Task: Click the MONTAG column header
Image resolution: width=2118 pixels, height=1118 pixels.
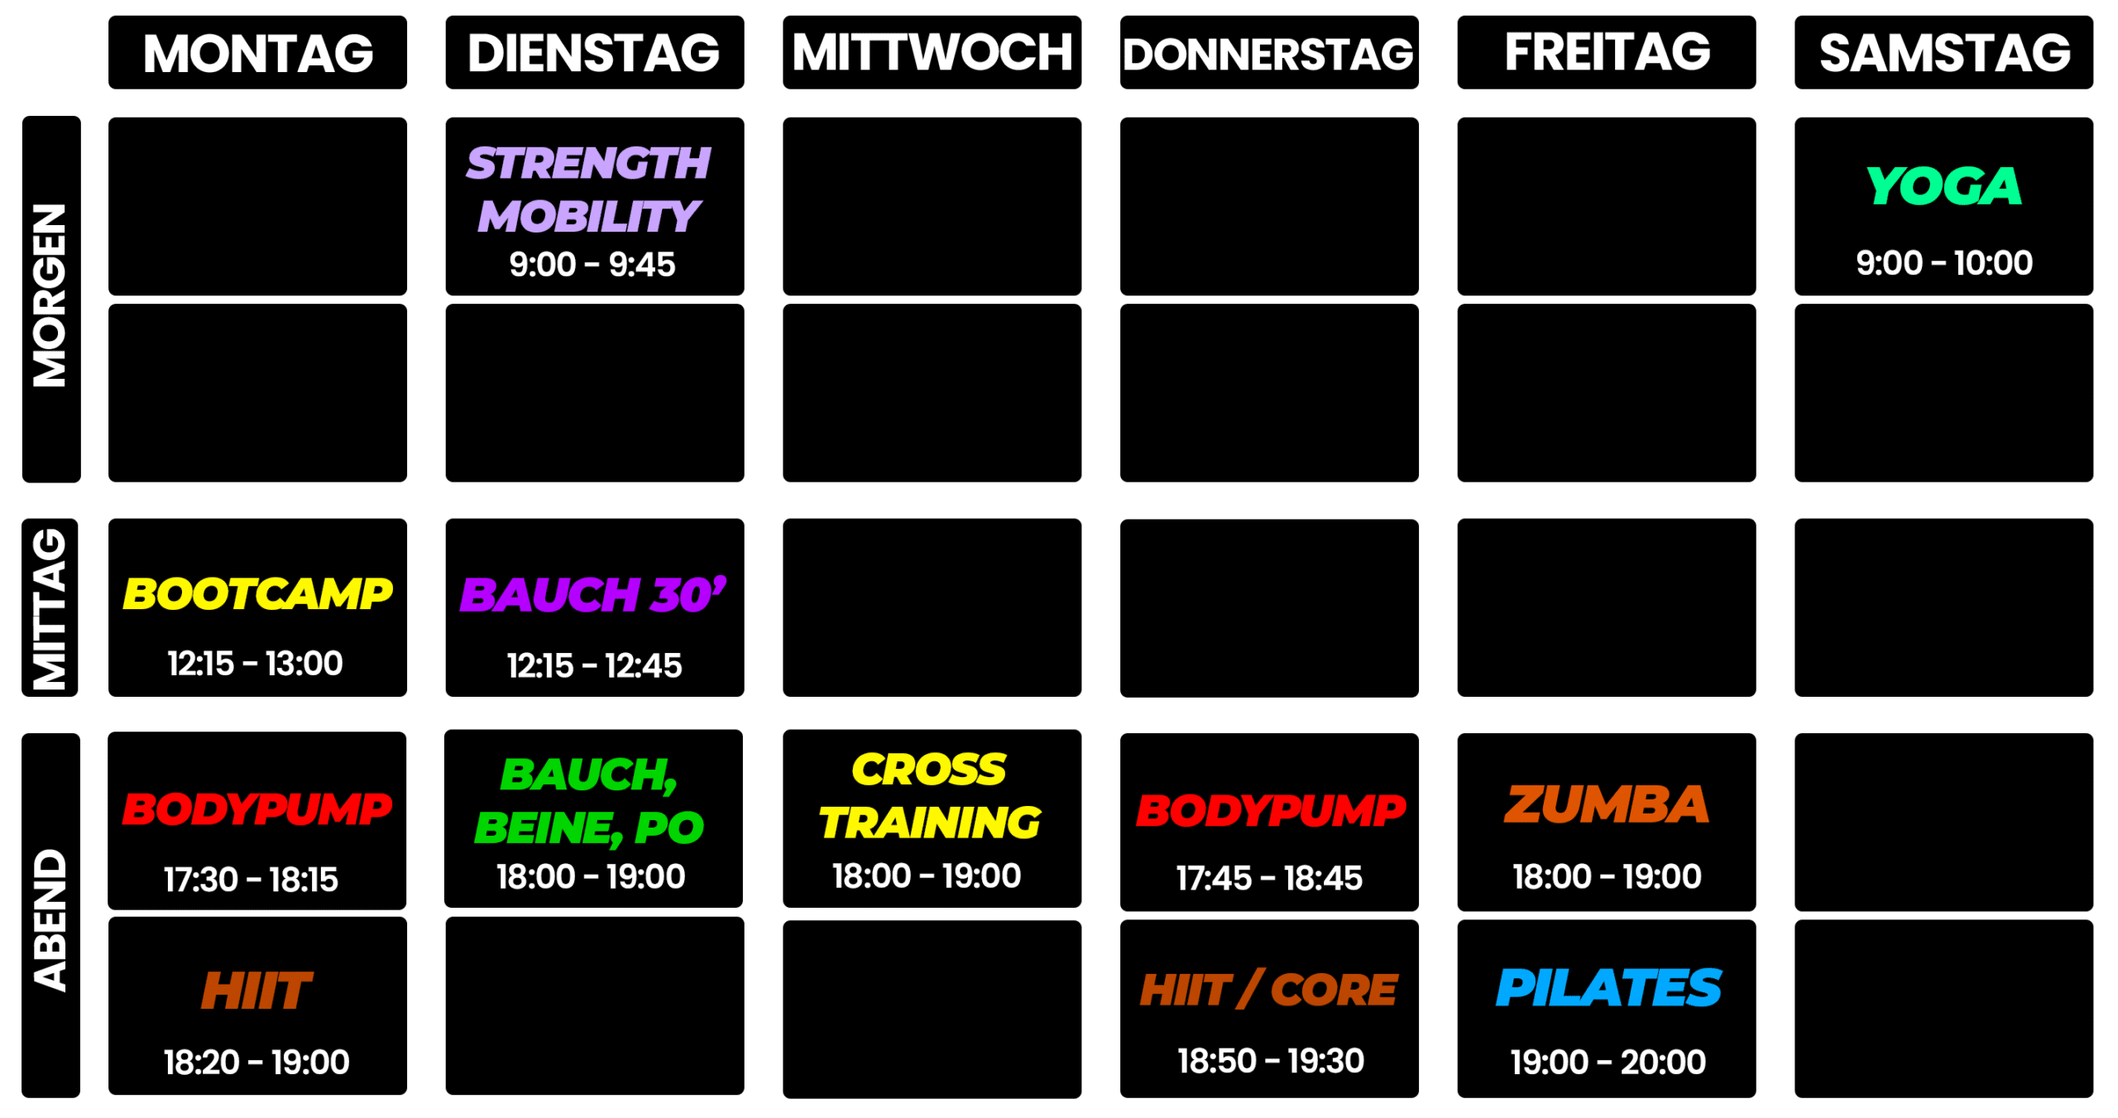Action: click(x=257, y=52)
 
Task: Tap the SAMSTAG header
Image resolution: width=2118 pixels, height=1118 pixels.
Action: click(x=1943, y=52)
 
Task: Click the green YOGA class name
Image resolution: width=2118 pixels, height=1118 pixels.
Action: click(x=1943, y=185)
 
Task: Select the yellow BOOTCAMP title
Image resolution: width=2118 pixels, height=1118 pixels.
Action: click(x=257, y=593)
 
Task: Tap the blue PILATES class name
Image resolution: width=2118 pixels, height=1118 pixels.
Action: click(x=1608, y=987)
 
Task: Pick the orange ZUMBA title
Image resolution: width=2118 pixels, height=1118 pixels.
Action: click(x=1607, y=804)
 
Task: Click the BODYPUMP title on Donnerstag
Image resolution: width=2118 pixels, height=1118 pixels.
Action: click(x=1270, y=809)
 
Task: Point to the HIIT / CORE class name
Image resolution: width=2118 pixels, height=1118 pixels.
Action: click(x=1268, y=989)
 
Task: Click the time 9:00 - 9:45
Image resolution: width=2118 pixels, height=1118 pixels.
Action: click(x=592, y=265)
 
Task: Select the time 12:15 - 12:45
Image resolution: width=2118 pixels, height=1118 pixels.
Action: click(x=594, y=665)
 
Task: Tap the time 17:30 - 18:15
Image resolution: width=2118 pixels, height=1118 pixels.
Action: click(x=251, y=879)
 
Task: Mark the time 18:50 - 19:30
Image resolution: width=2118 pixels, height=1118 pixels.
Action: click(x=1270, y=1060)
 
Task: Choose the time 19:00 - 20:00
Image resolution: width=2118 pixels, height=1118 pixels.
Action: click(x=1608, y=1062)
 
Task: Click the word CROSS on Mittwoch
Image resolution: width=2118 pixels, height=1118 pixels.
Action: click(x=929, y=769)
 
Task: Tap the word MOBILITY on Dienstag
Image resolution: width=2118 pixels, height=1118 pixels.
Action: click(x=589, y=217)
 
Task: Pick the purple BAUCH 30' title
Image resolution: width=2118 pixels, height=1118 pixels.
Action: click(x=593, y=594)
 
